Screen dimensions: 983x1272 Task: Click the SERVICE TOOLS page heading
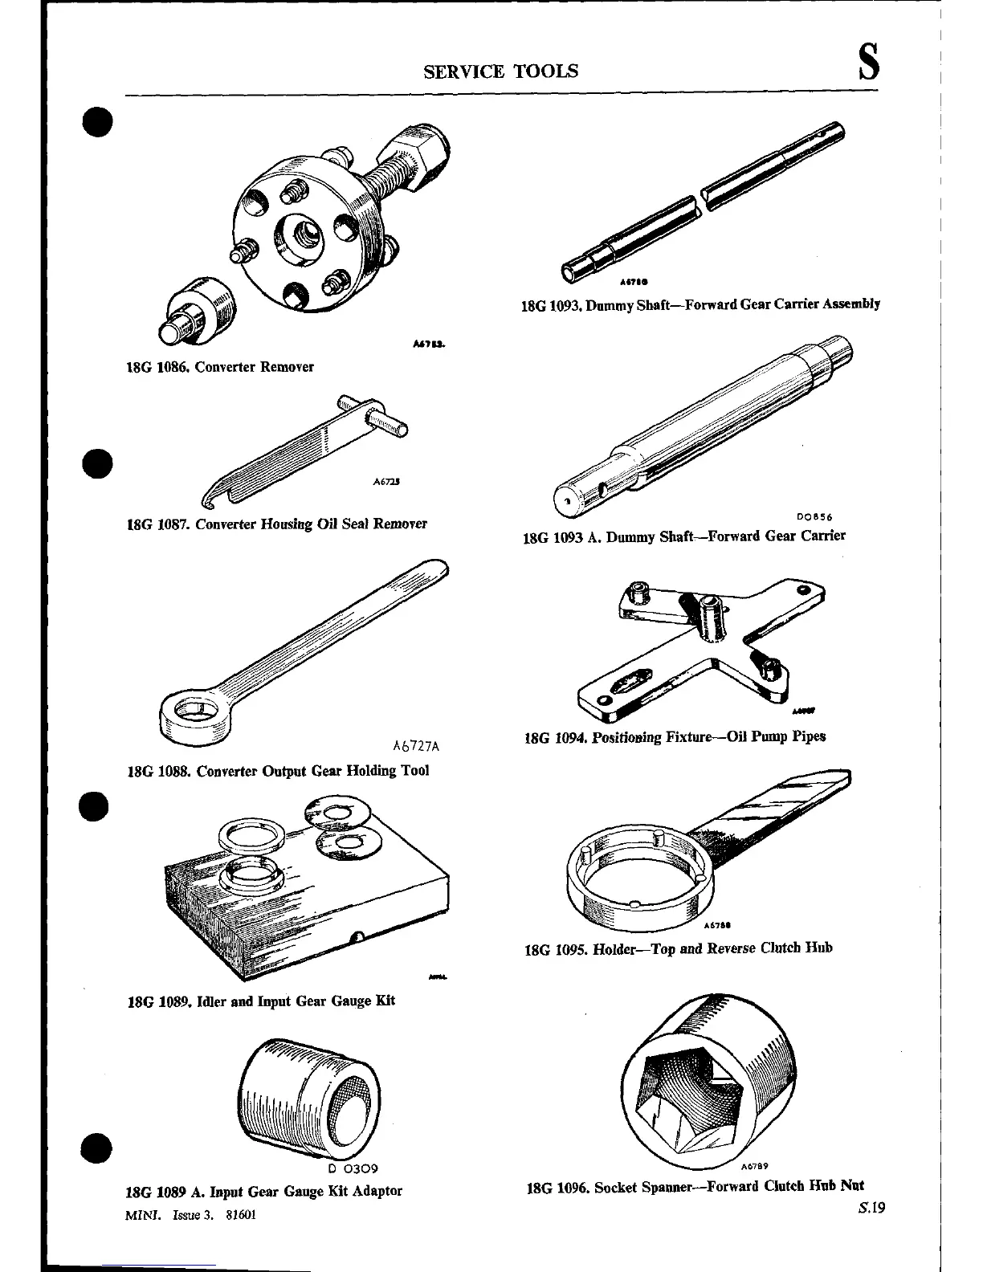[500, 71]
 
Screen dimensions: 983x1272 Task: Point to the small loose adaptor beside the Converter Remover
[198, 309]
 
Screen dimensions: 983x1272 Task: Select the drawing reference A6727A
[416, 746]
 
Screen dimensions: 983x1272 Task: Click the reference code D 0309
[353, 1168]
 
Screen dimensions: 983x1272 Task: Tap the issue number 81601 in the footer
[240, 1215]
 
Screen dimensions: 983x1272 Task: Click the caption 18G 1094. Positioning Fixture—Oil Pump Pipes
[675, 736]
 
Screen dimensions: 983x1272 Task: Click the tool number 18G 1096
[557, 1187]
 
